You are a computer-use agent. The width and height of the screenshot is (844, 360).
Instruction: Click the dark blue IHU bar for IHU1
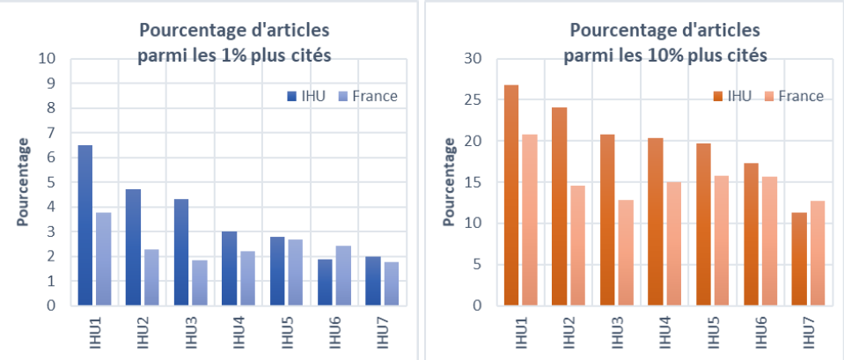point(85,225)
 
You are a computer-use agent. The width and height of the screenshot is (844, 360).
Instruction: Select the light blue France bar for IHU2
point(150,277)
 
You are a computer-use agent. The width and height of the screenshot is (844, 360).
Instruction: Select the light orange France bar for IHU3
point(625,253)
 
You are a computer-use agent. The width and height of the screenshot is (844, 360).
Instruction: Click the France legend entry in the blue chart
point(370,96)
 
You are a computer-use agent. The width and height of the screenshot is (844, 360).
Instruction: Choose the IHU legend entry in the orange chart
point(732,96)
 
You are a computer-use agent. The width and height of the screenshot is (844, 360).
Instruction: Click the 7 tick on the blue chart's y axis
point(51,133)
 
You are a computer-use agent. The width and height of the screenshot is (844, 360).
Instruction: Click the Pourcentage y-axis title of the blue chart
point(24,181)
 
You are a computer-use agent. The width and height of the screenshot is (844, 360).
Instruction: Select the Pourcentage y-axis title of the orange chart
point(451,181)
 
